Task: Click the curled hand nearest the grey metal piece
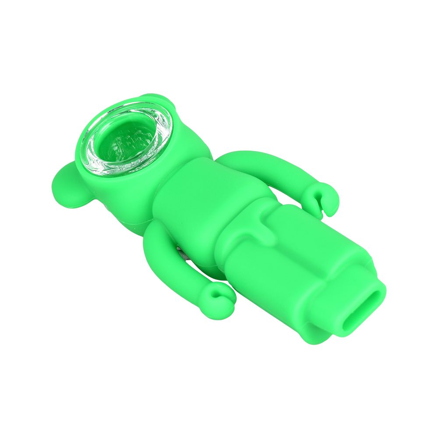[x=218, y=298]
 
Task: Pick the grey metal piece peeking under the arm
[x=182, y=254]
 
